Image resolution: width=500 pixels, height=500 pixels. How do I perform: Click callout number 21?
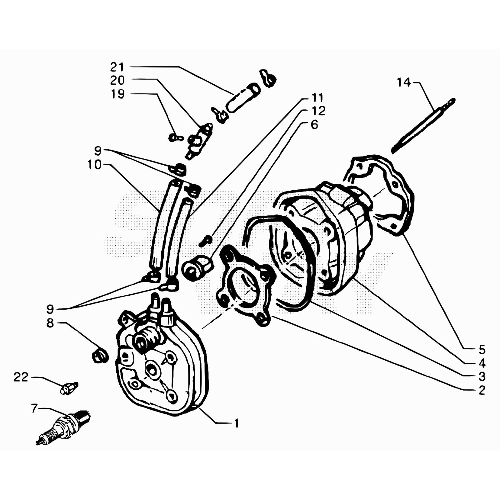[x=117, y=67]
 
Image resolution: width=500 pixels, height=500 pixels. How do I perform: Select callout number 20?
[x=117, y=81]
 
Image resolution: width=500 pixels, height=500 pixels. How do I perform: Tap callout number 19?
[x=118, y=94]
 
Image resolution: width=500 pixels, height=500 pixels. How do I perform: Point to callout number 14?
[x=403, y=82]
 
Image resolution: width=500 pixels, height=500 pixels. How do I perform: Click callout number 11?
[x=317, y=98]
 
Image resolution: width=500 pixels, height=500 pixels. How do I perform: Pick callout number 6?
[x=314, y=125]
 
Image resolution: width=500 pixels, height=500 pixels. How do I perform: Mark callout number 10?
[x=94, y=165]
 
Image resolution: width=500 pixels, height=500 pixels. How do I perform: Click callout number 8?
[x=50, y=323]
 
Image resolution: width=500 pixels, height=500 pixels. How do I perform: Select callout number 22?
[x=21, y=377]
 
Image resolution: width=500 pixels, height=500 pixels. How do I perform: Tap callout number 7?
[x=34, y=408]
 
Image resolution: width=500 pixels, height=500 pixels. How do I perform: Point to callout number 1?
[x=237, y=423]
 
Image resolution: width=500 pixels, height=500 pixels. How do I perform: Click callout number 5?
[x=482, y=349]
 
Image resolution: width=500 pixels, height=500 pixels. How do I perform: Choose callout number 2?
[x=482, y=390]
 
